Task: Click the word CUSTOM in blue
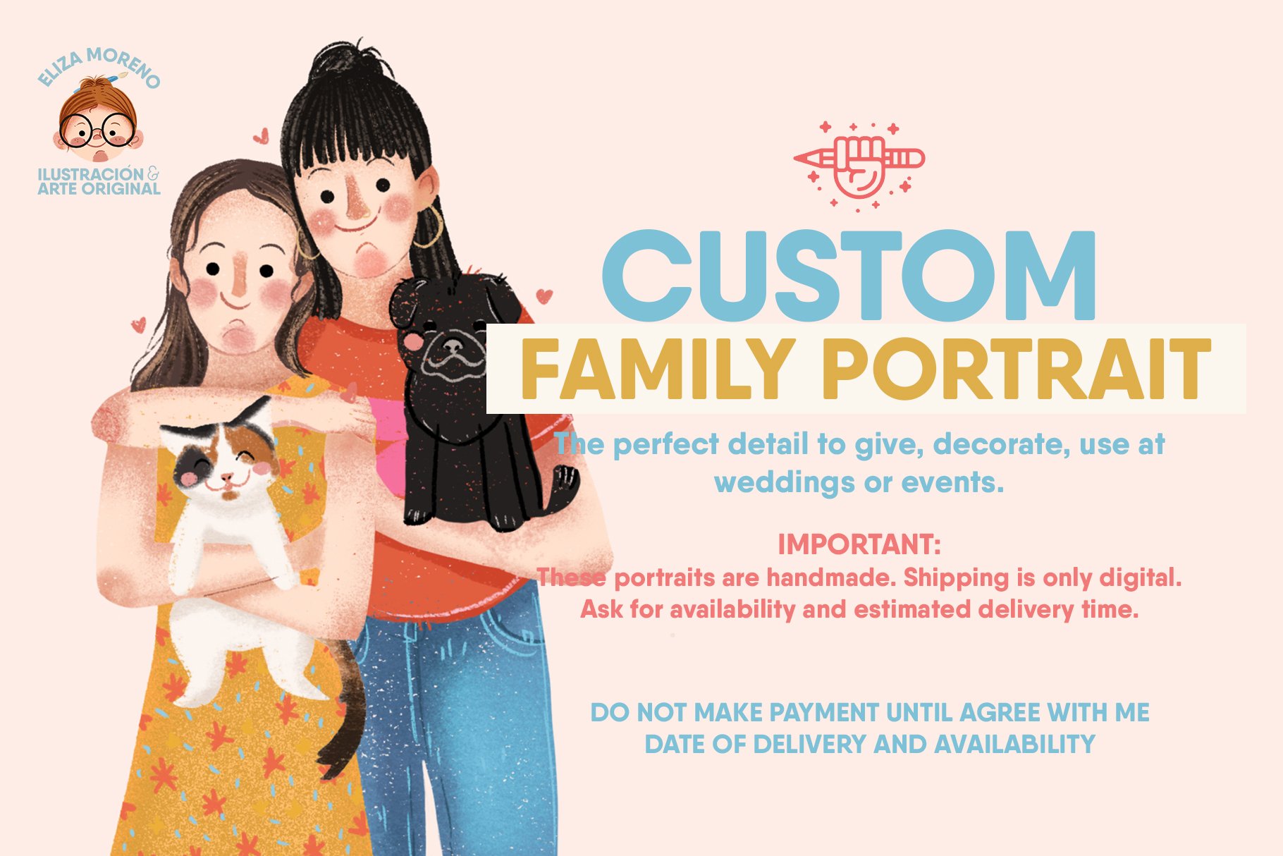click(849, 275)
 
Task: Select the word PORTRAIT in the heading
click(1017, 369)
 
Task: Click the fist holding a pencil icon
click(858, 166)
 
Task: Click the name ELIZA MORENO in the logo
click(99, 68)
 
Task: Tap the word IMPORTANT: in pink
click(859, 544)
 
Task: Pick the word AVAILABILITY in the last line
click(1015, 744)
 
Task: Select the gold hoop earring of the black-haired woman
click(427, 227)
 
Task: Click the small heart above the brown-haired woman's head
click(261, 135)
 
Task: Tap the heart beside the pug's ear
click(544, 295)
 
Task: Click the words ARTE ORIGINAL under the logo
click(99, 189)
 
